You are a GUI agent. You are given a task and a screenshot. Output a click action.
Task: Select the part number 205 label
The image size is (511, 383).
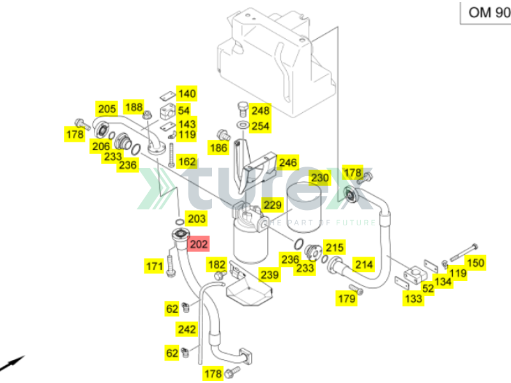coord(106,109)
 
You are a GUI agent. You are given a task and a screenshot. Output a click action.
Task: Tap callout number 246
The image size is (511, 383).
coord(288,163)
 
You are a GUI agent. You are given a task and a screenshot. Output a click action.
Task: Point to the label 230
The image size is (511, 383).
coord(319,177)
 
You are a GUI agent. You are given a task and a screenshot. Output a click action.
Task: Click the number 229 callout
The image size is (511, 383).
coord(273,205)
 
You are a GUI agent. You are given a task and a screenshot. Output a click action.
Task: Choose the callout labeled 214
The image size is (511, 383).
coord(363,264)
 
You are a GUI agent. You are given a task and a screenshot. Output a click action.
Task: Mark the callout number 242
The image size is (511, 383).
coord(187,329)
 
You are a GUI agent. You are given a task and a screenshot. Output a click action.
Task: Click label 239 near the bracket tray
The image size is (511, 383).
coord(270,274)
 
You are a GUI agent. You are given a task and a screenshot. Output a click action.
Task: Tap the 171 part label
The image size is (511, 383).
coord(154,266)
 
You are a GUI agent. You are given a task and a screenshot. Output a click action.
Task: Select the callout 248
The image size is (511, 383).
coord(260,110)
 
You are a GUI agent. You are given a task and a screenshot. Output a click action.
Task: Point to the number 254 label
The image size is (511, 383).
coord(260,126)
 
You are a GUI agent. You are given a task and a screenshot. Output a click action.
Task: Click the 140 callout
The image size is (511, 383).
coord(187,94)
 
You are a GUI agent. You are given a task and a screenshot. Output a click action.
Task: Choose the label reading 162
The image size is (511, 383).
coord(187,162)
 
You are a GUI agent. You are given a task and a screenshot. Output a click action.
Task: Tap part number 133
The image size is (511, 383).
coord(413,298)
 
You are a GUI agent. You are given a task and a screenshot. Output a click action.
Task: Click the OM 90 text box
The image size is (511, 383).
coord(485,11)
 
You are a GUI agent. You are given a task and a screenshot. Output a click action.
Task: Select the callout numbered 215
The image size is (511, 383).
coord(335,248)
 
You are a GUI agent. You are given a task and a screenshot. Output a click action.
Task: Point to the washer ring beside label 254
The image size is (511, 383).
coord(243,124)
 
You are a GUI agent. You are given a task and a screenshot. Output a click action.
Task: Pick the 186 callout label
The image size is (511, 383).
coord(218,148)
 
